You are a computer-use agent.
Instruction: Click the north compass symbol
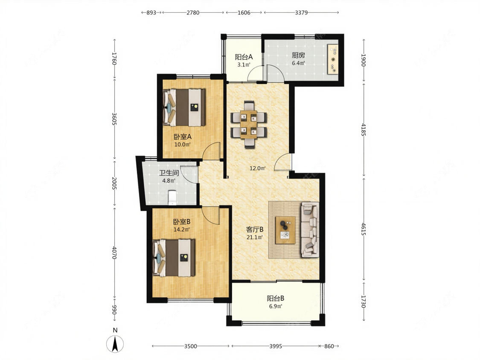(x=115, y=343)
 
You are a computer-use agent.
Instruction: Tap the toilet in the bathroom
(x=173, y=198)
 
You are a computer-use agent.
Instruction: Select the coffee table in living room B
(x=285, y=230)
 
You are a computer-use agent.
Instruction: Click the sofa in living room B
(x=310, y=229)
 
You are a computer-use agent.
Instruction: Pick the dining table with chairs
(x=249, y=125)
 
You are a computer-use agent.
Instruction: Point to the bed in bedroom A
(x=184, y=107)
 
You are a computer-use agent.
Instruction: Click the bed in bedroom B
(x=174, y=258)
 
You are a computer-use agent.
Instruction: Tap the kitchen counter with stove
(x=333, y=59)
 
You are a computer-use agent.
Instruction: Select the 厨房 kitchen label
(x=298, y=56)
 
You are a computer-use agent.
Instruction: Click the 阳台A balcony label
(x=244, y=57)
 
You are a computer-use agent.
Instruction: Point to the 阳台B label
(x=276, y=298)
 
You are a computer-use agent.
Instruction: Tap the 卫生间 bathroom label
(x=169, y=173)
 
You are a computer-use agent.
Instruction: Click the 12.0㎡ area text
(x=257, y=168)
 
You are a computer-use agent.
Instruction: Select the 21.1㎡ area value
(x=255, y=237)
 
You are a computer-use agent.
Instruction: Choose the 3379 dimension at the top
(x=301, y=12)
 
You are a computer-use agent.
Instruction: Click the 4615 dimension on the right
(x=364, y=229)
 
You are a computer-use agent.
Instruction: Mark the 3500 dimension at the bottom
(x=190, y=346)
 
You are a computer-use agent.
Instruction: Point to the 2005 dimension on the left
(x=114, y=183)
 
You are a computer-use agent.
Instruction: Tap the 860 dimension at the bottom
(x=329, y=346)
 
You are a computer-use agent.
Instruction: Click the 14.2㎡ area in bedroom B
(x=182, y=229)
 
